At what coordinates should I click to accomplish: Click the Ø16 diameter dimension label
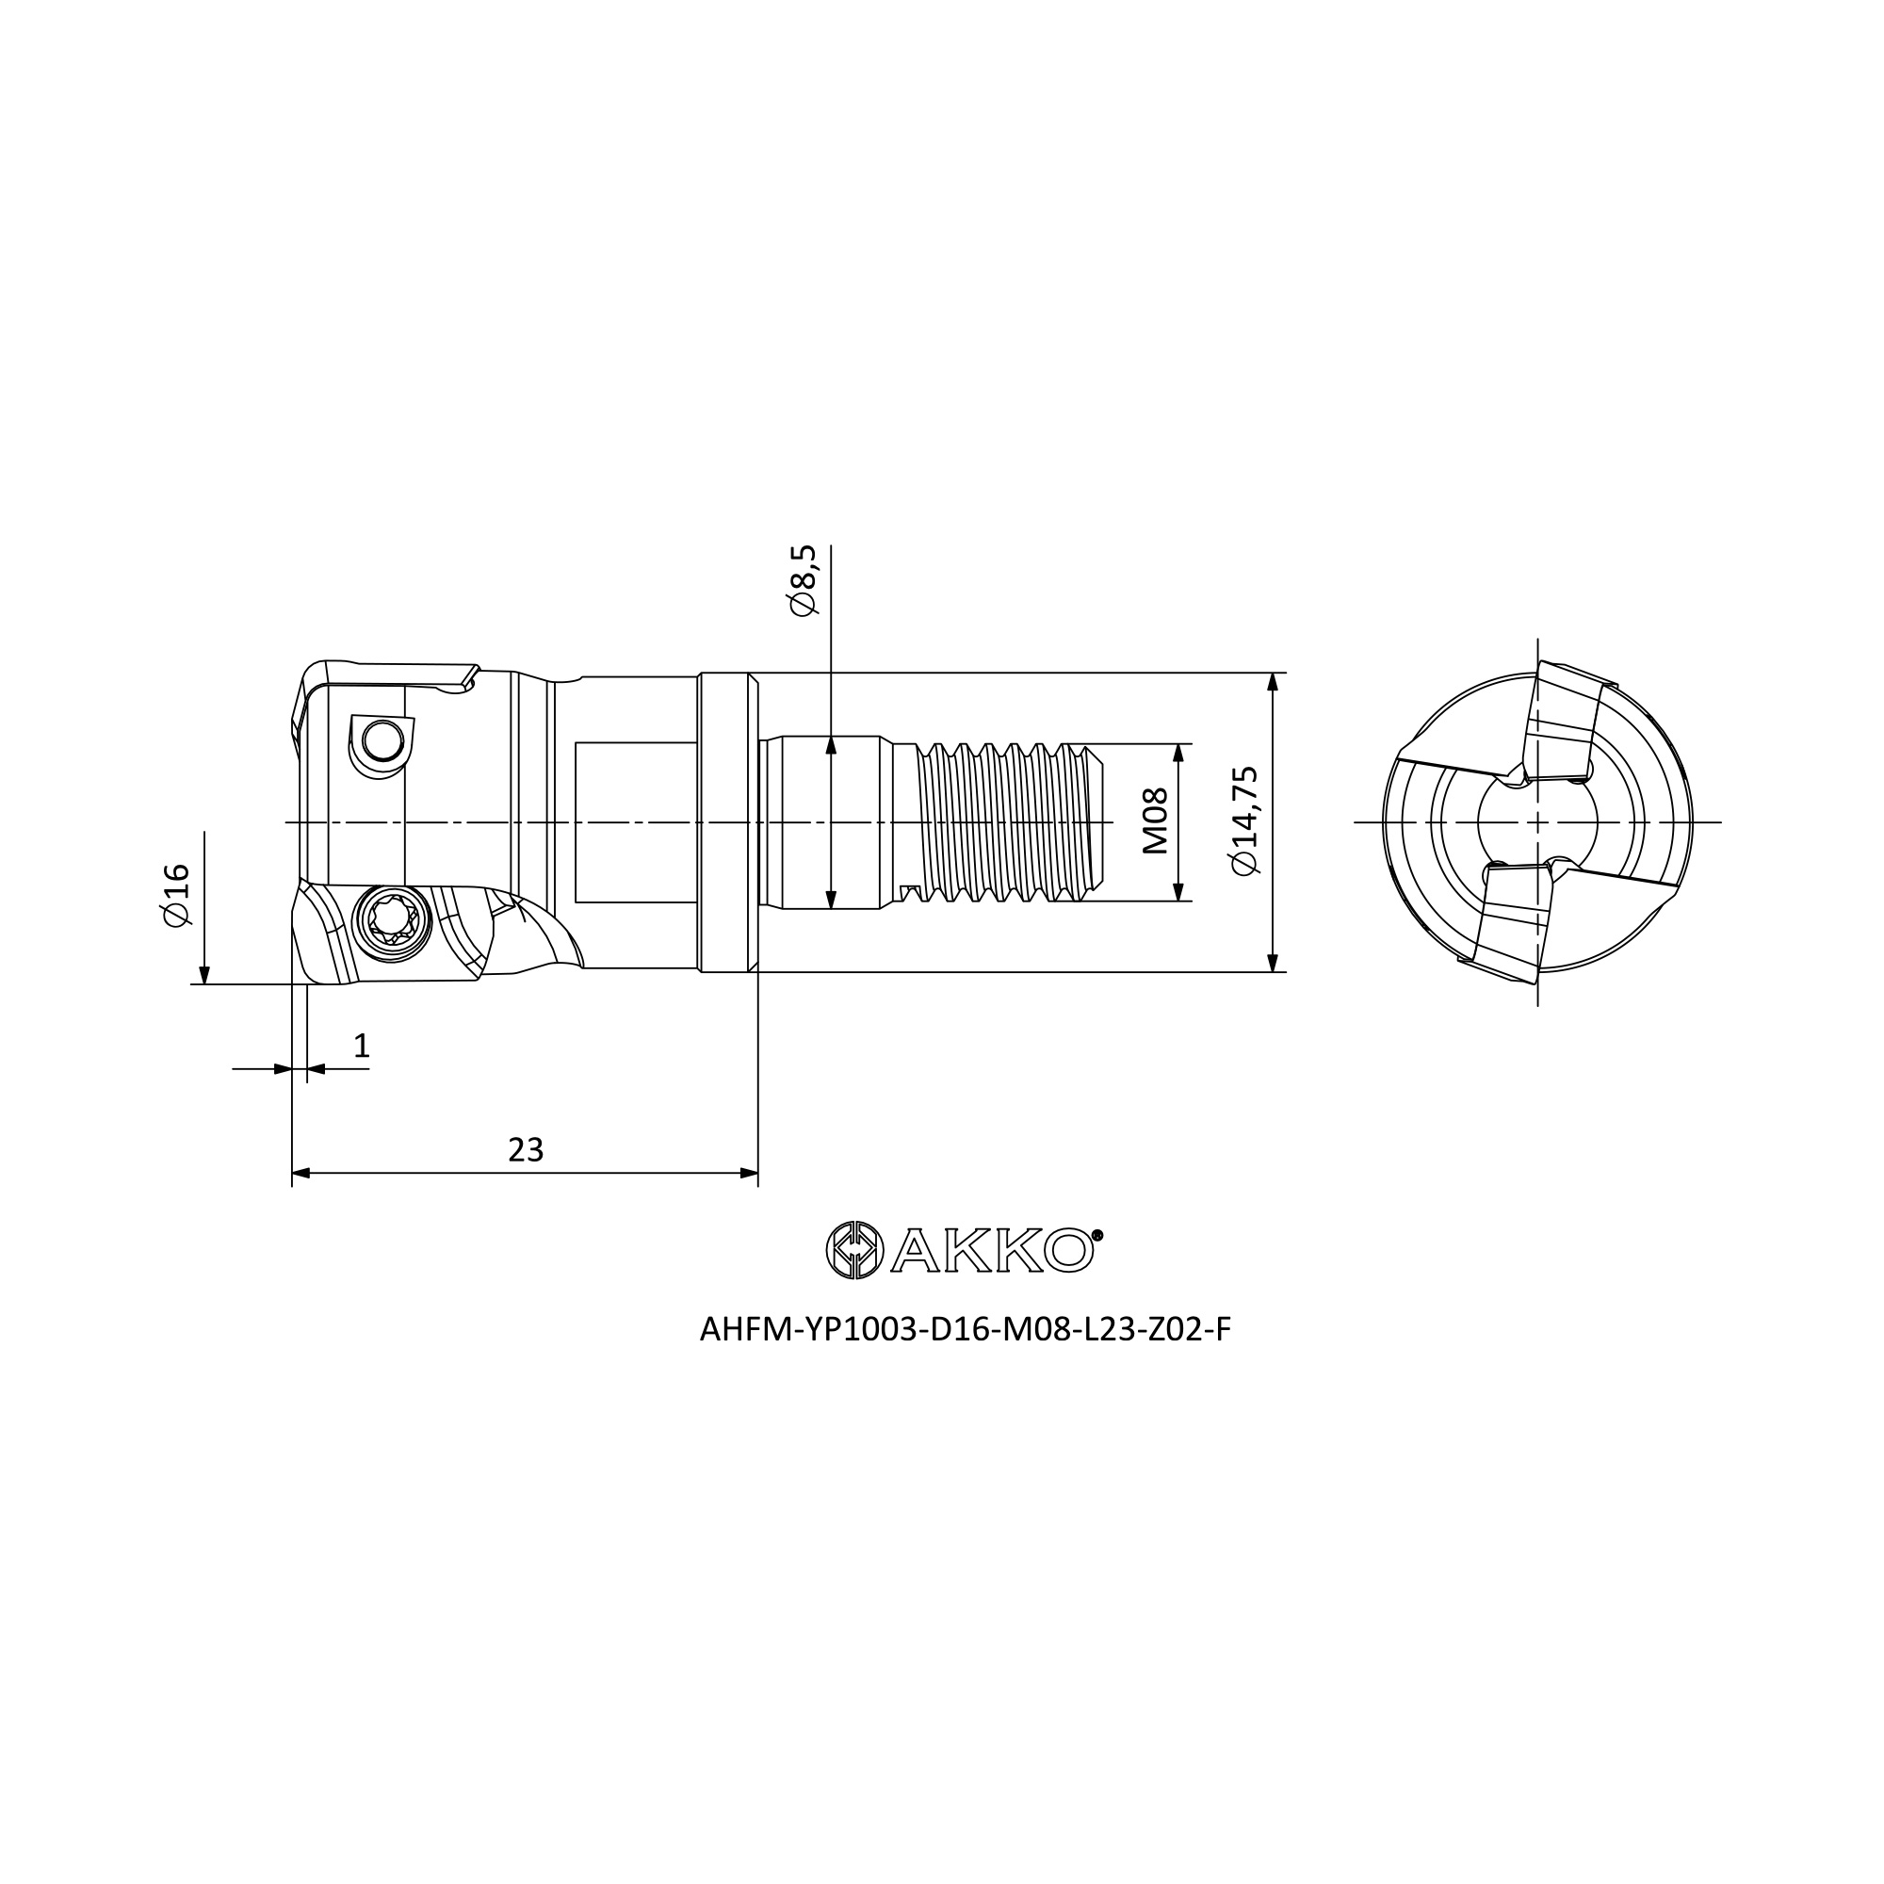point(177,895)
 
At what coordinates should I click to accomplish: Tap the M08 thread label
point(1155,822)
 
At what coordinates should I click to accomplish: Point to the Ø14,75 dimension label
point(1245,821)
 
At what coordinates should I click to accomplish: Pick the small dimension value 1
point(362,1047)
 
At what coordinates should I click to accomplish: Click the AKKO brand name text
point(991,1250)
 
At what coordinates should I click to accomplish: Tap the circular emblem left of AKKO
point(854,1249)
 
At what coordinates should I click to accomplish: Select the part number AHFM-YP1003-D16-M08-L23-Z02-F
point(966,1330)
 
